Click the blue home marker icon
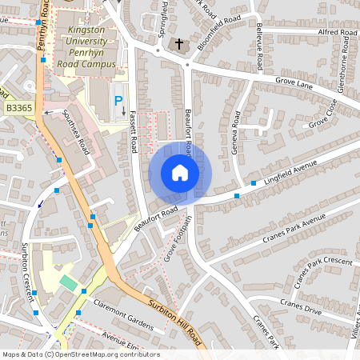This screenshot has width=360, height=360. pyautogui.click(x=179, y=172)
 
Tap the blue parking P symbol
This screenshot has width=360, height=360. pyautogui.click(x=118, y=101)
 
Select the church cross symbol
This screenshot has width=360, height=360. pyautogui.click(x=178, y=44)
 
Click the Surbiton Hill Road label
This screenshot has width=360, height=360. pyautogui.click(x=177, y=324)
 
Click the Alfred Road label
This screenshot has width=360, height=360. pyautogui.click(x=338, y=33)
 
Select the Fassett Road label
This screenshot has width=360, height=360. pyautogui.click(x=133, y=130)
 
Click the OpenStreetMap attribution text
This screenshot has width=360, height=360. pyautogui.click(x=81, y=354)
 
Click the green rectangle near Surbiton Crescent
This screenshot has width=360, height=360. pyautogui.click(x=70, y=283)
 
